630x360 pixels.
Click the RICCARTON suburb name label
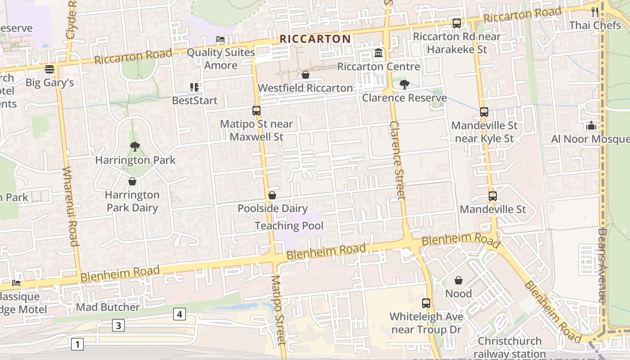click(315, 39)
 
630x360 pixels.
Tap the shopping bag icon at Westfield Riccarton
click(306, 75)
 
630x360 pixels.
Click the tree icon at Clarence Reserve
click(404, 84)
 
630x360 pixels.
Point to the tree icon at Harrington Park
click(135, 146)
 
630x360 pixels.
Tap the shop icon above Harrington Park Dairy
click(132, 181)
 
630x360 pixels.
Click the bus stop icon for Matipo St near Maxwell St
click(256, 110)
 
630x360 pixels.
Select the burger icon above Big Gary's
click(49, 69)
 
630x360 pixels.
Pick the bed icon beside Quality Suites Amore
click(220, 39)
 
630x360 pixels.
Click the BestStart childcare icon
click(194, 87)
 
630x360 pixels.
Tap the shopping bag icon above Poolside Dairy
click(272, 195)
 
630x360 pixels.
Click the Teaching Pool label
click(289, 226)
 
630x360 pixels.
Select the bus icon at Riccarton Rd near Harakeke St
click(457, 23)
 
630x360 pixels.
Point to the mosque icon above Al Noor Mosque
click(591, 126)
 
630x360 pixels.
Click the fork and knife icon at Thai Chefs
click(595, 12)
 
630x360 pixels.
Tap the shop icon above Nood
click(459, 280)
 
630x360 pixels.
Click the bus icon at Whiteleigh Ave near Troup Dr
click(426, 303)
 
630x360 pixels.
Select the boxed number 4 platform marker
click(179, 314)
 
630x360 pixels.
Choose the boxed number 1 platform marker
click(77, 345)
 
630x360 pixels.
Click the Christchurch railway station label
click(509, 347)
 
